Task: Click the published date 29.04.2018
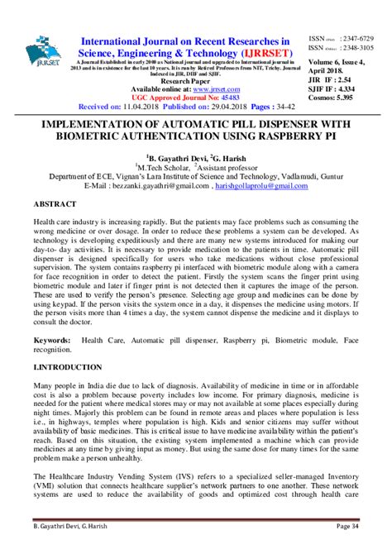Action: pos(218,107)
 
